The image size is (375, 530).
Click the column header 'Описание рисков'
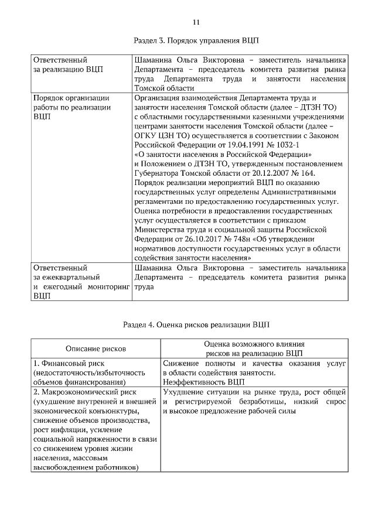95,348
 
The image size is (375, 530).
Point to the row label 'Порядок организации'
71,98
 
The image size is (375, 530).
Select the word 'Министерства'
162,230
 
